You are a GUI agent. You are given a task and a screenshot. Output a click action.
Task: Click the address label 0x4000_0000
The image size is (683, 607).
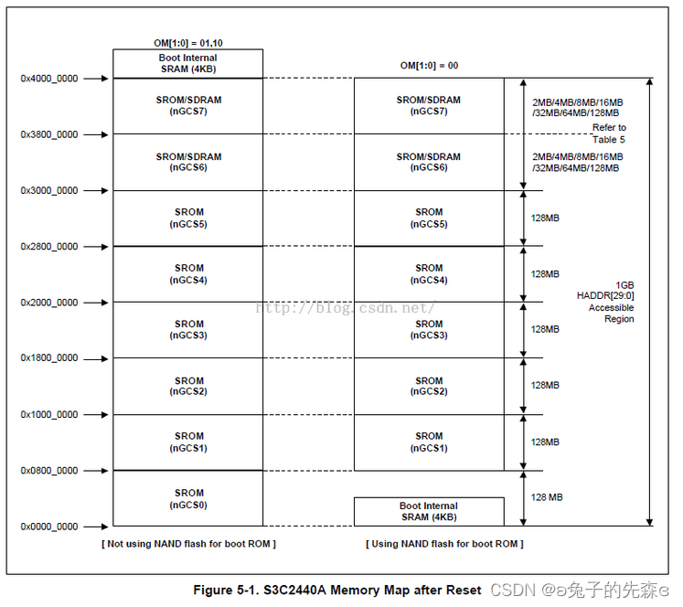(x=49, y=79)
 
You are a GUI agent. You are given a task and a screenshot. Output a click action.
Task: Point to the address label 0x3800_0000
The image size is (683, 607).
(x=49, y=134)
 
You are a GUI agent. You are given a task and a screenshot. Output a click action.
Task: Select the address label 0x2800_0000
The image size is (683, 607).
(x=49, y=247)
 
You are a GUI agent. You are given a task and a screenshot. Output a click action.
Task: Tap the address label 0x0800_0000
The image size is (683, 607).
(x=49, y=471)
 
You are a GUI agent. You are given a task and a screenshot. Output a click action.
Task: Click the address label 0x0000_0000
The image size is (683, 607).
(x=49, y=527)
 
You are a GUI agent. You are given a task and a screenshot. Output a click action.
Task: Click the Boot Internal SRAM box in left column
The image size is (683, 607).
(x=187, y=63)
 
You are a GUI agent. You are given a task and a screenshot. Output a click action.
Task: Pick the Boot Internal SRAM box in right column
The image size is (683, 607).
(x=428, y=511)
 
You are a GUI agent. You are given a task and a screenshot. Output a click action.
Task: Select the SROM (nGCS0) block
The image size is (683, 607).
(x=188, y=498)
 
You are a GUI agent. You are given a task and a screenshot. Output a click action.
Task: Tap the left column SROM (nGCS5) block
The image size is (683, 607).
(x=188, y=218)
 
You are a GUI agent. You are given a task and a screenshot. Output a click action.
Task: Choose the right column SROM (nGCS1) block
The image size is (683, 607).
(x=428, y=442)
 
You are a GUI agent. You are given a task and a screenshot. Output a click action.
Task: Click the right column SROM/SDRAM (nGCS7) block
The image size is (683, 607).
(x=428, y=105)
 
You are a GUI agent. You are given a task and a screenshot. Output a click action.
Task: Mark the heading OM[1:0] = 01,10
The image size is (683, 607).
(x=187, y=42)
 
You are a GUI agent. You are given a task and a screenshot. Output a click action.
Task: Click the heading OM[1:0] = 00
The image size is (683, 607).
(x=428, y=66)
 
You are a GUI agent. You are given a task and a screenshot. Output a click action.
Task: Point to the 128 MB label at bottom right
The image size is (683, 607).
(x=547, y=497)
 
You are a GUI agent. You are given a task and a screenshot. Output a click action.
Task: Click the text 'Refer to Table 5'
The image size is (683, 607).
(x=609, y=133)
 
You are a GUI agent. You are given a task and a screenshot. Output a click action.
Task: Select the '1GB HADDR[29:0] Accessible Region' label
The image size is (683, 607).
(x=611, y=302)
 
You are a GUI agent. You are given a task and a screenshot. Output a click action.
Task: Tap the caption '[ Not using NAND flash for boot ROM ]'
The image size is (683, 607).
(x=188, y=544)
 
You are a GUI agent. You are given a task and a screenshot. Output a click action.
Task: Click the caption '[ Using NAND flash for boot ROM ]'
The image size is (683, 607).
(x=444, y=544)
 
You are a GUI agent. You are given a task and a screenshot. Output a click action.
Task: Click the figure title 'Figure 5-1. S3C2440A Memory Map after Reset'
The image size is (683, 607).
(x=336, y=590)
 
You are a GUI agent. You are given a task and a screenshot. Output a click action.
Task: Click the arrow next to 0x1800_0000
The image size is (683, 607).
(x=95, y=358)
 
